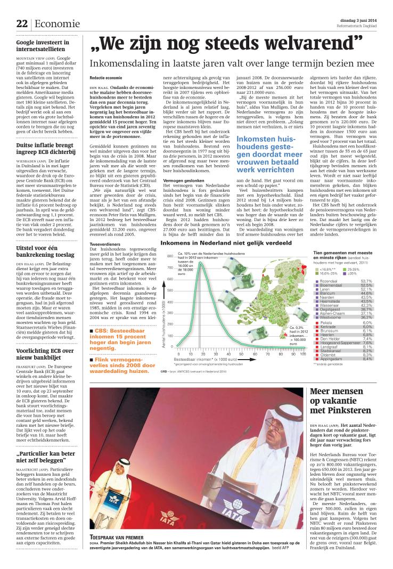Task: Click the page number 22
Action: coord(22,23)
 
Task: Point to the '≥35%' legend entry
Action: coord(354,273)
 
